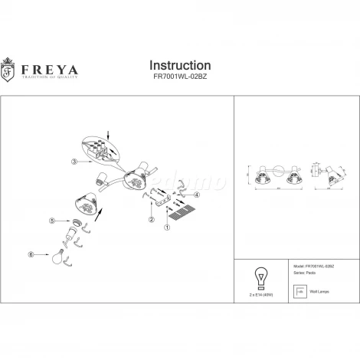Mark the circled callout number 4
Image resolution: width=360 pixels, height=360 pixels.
click(197, 195)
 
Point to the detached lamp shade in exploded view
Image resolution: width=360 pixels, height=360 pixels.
click(89, 204)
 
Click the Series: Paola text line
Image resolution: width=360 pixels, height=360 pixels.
click(300, 272)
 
